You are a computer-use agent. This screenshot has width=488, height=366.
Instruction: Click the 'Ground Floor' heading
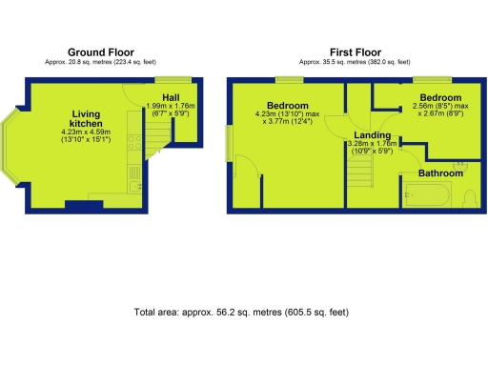[x=101, y=51]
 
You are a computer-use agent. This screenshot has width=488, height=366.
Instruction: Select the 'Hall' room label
[x=171, y=97]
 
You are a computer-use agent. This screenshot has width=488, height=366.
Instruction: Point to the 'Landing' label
[x=371, y=135]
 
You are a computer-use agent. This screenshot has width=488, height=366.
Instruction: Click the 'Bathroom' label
[x=440, y=173]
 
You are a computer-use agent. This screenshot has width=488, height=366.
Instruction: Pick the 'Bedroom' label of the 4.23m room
[x=287, y=105]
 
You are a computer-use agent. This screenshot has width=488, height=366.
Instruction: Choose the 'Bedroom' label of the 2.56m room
[x=441, y=98]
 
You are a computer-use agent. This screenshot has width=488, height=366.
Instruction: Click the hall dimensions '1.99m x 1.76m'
[x=171, y=107]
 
